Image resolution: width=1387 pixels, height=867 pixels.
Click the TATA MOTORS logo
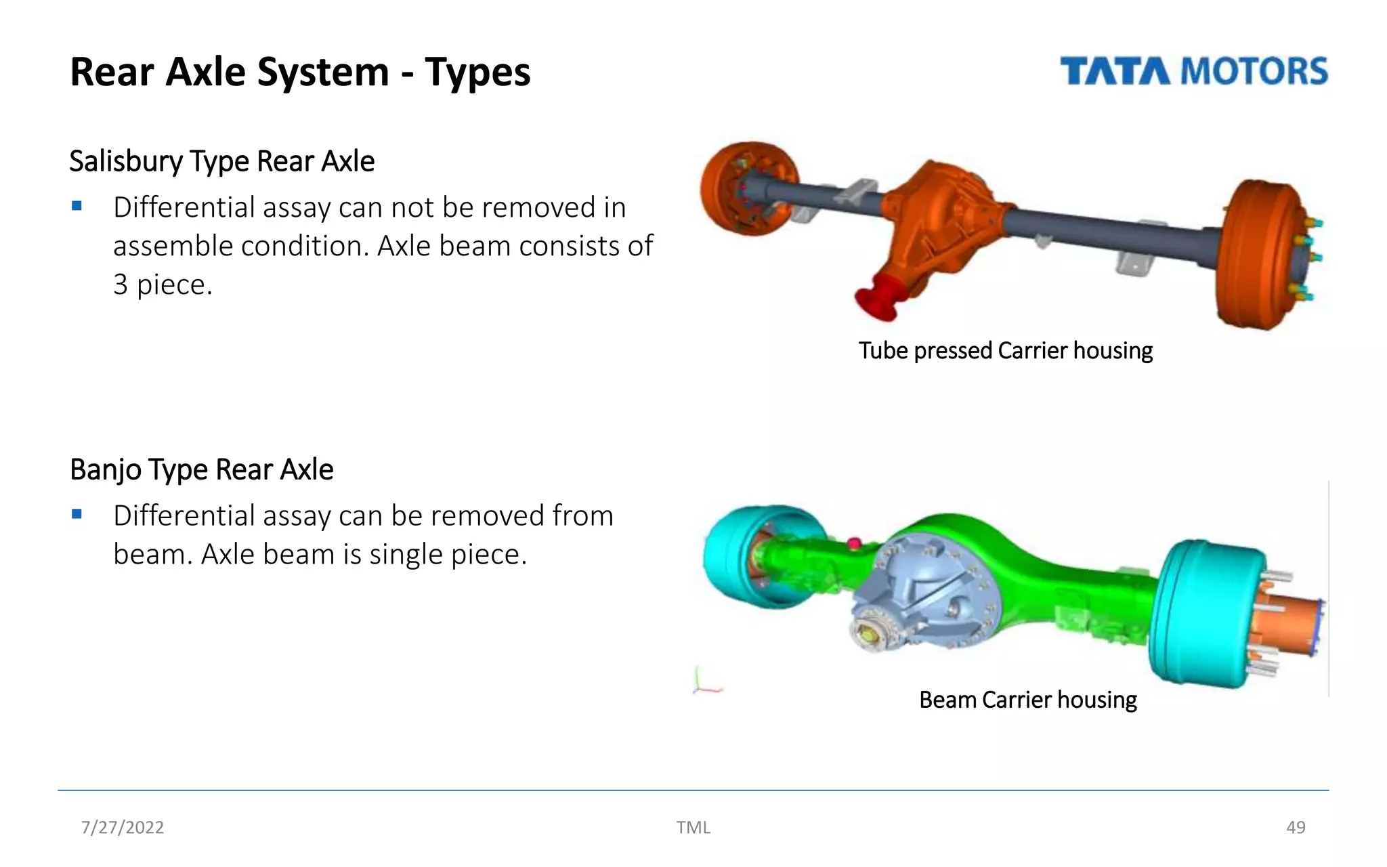pos(1193,72)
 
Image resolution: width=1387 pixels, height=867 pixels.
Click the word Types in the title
pos(477,72)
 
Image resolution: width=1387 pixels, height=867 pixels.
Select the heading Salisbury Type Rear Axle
pos(221,161)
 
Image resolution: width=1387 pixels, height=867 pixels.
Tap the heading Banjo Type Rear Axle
pos(201,469)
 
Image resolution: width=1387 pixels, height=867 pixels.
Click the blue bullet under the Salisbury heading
pos(77,206)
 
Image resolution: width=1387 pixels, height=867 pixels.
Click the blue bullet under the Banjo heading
pos(77,514)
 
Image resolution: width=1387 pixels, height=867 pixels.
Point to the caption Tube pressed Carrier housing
pos(1005,351)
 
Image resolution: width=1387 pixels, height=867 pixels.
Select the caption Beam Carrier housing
pos(1027,700)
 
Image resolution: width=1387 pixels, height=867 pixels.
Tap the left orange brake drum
pos(745,188)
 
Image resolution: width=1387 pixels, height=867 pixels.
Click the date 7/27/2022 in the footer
pos(123,827)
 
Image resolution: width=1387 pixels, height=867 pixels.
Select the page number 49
pos(1295,827)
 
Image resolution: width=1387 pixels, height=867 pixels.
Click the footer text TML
pos(693,827)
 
